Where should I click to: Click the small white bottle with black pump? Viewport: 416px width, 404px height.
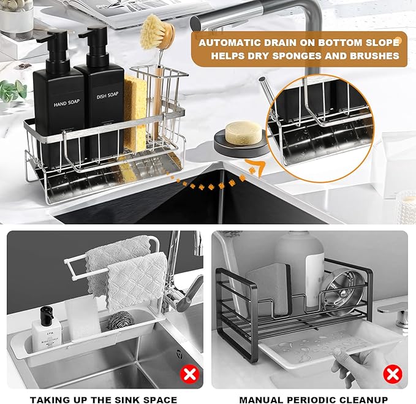pyautogui.click(x=47, y=328)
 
